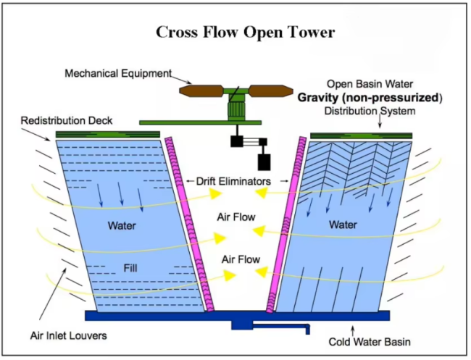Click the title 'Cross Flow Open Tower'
point(245,32)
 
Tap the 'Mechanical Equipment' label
point(118,73)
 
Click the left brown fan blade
point(201,91)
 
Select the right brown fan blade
point(271,91)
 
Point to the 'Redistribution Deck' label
point(67,121)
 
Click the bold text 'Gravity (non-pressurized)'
point(370,98)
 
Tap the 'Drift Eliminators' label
point(233,181)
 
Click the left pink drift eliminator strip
point(190,225)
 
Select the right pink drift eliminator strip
point(286,225)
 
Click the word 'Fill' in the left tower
point(130,268)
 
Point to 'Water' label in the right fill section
point(343,225)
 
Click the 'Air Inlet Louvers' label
point(69,335)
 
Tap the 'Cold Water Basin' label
point(370,342)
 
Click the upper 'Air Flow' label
point(236,217)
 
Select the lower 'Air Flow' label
point(241,259)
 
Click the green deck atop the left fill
point(108,134)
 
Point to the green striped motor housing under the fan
point(237,110)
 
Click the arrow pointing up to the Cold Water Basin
point(353,331)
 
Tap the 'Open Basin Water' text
point(370,84)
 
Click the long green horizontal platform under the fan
point(200,122)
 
